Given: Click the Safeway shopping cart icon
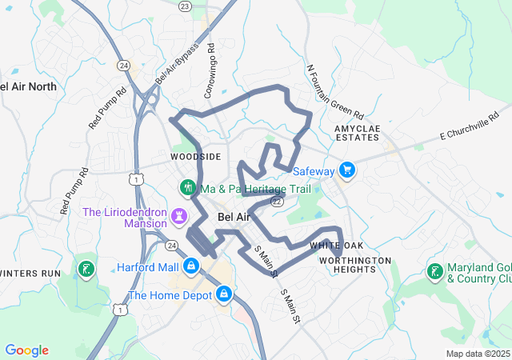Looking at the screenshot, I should click(x=346, y=170).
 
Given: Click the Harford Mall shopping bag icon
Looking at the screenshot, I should click(x=191, y=266).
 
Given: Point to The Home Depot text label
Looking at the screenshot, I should click(x=169, y=295).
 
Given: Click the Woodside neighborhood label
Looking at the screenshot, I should click(x=195, y=157).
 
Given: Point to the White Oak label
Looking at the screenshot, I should click(x=336, y=246).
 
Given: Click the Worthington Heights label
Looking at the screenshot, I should click(x=355, y=265).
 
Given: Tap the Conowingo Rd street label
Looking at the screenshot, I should click(x=210, y=71).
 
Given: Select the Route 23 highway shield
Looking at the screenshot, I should click(x=186, y=6).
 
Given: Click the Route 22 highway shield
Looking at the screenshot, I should click(x=276, y=202).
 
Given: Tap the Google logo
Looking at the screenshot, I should click(x=26, y=350).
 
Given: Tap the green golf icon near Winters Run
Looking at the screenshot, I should click(x=86, y=268).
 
